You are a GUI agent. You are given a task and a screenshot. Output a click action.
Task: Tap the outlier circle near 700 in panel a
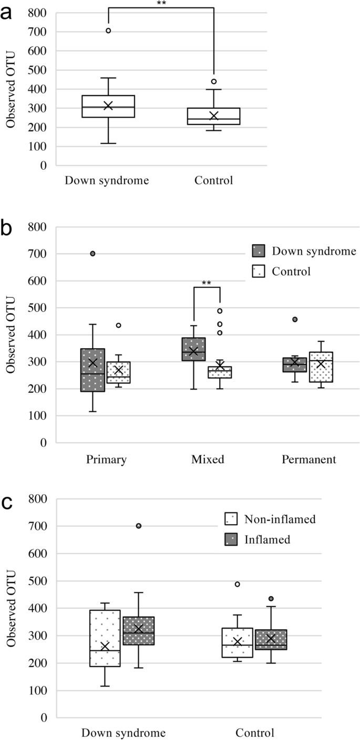(108, 30)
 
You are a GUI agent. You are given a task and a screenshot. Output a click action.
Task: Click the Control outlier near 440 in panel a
(214, 81)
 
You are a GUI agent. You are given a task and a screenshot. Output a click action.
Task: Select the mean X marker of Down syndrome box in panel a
(108, 106)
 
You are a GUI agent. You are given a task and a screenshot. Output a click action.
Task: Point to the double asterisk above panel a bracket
(161, 4)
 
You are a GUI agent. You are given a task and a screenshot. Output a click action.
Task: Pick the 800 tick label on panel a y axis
(38, 13)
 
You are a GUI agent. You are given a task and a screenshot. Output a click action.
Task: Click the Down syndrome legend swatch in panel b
(259, 251)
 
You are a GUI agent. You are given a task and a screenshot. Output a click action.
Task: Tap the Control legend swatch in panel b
(259, 271)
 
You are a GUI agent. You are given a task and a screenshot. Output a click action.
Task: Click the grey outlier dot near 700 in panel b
(93, 254)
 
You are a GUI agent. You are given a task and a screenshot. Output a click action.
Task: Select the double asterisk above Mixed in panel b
(207, 284)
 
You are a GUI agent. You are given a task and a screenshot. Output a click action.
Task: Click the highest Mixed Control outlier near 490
(220, 311)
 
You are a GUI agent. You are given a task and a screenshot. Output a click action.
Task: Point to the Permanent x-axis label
(309, 460)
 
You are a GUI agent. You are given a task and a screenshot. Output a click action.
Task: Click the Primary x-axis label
(107, 460)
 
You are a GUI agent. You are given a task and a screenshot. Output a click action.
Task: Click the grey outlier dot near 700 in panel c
(139, 526)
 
